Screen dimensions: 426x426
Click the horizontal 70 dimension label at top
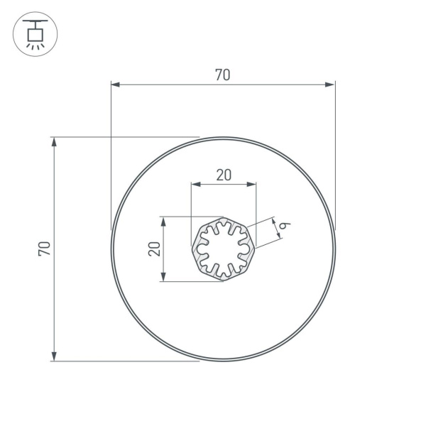pos(222,75)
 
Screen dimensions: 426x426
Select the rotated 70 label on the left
pos(44,248)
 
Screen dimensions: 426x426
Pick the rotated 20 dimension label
pos(153,248)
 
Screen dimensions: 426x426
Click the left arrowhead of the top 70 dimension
pos(116,84)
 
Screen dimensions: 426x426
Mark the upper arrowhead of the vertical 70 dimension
pos(54,142)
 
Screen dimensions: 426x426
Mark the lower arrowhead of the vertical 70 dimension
pos(54,356)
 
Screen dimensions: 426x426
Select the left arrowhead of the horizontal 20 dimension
pos(195,185)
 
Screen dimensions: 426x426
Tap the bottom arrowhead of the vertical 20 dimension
pos(164,276)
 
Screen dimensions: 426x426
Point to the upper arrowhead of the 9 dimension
pos(273,221)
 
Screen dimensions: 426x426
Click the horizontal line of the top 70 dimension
pos(177,84)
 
